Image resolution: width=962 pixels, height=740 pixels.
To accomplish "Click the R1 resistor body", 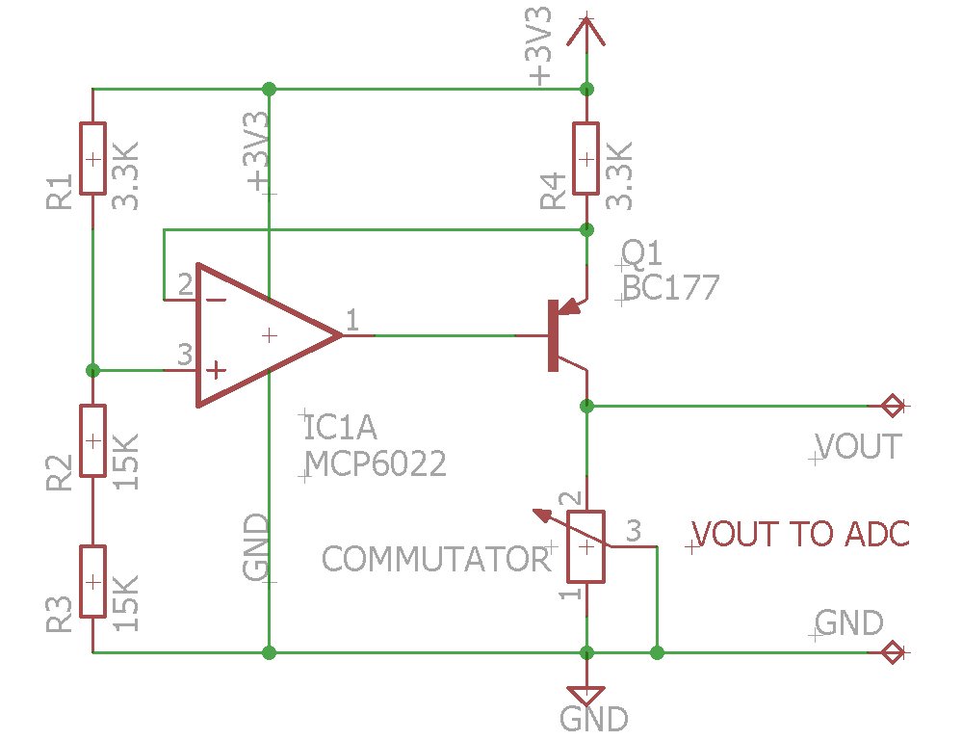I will pos(92,159).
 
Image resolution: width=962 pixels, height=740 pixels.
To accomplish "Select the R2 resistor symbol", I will pos(92,440).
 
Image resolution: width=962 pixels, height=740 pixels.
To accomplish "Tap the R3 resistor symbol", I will pos(92,581).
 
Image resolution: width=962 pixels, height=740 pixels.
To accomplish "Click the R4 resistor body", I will pos(585,159).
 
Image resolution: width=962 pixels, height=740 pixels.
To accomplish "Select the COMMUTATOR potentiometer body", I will pos(585,546).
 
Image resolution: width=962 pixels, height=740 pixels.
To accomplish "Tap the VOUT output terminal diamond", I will pos(893,406).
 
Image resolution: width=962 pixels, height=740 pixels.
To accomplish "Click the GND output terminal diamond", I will pos(893,653).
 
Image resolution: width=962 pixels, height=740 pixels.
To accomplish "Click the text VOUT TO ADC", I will pos(801,534).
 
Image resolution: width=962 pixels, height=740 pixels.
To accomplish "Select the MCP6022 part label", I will pos(376,465).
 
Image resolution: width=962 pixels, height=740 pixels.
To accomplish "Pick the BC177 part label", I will pos(671,288).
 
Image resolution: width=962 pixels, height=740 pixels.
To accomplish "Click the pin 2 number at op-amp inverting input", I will pos(184,283).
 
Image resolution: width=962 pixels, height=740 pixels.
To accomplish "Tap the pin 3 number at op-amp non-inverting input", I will pos(184,355).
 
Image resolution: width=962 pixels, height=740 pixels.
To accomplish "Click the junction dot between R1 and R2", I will pos(92,370).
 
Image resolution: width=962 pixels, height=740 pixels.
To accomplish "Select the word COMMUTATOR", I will pos(434,559).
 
